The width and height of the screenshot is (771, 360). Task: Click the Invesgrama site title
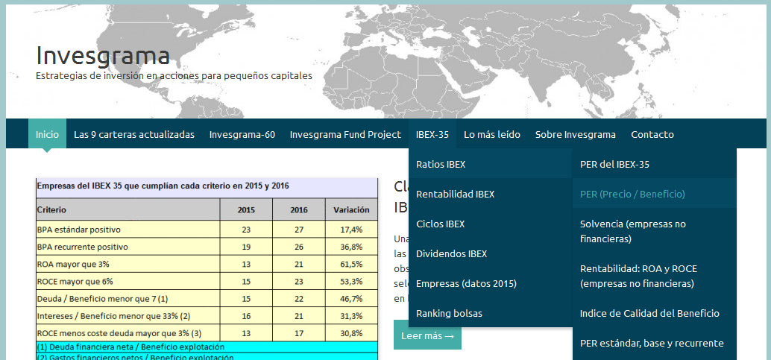point(103,55)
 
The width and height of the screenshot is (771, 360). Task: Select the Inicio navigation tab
point(47,135)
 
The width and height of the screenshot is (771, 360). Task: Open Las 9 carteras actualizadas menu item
point(134,135)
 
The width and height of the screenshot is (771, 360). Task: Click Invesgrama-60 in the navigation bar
point(242,135)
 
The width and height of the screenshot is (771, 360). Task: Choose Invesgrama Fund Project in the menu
point(335,135)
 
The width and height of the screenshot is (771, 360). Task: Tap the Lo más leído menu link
point(492,135)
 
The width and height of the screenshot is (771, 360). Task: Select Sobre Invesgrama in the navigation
point(576,135)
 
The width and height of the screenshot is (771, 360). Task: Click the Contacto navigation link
point(652,135)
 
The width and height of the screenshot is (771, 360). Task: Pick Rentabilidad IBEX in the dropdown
point(455,195)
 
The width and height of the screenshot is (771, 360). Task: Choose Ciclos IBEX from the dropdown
point(440,224)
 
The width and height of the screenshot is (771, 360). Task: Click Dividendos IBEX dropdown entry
point(451,254)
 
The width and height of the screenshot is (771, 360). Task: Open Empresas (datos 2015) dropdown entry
point(466,284)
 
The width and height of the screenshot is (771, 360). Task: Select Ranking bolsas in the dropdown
point(449,314)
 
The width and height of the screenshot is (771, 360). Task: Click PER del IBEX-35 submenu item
point(614,165)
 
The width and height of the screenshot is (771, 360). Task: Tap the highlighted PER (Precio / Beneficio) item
point(632,195)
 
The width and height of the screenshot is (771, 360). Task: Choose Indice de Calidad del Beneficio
point(649,314)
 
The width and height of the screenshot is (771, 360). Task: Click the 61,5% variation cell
point(351,265)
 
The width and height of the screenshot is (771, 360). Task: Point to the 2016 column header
point(299,210)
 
